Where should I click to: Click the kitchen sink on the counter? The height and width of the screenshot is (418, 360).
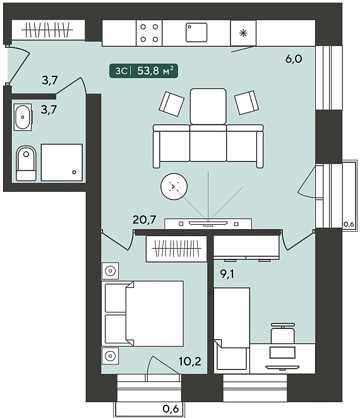click(196, 33)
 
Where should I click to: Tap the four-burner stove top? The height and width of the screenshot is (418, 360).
click(149, 33)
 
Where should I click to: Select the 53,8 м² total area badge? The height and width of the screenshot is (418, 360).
click(143, 71)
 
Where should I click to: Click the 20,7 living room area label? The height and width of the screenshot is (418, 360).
click(144, 219)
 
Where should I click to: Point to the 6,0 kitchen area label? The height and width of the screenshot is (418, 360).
click(294, 59)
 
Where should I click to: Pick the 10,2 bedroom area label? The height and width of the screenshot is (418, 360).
click(190, 361)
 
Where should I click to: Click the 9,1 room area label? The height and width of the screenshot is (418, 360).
click(227, 273)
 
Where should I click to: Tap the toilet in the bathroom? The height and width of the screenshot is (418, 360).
click(26, 163)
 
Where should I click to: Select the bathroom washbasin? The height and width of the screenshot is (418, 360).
click(23, 117)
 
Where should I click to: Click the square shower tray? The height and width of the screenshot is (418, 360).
click(62, 163)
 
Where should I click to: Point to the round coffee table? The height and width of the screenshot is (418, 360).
click(174, 186)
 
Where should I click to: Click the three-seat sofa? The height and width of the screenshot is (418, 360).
click(208, 146)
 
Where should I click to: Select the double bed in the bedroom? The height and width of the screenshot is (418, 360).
click(143, 313)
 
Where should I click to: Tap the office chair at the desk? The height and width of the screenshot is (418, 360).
click(283, 333)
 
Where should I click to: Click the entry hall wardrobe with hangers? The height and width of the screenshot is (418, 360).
click(48, 30)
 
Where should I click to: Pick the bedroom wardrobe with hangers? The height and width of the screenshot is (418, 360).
click(176, 248)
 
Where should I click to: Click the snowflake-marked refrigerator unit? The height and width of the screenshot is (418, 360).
click(243, 33)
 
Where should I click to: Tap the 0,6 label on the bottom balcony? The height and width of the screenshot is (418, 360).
click(171, 409)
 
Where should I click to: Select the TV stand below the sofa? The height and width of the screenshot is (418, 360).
click(208, 224)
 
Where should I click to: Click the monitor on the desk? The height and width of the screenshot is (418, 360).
click(283, 353)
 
